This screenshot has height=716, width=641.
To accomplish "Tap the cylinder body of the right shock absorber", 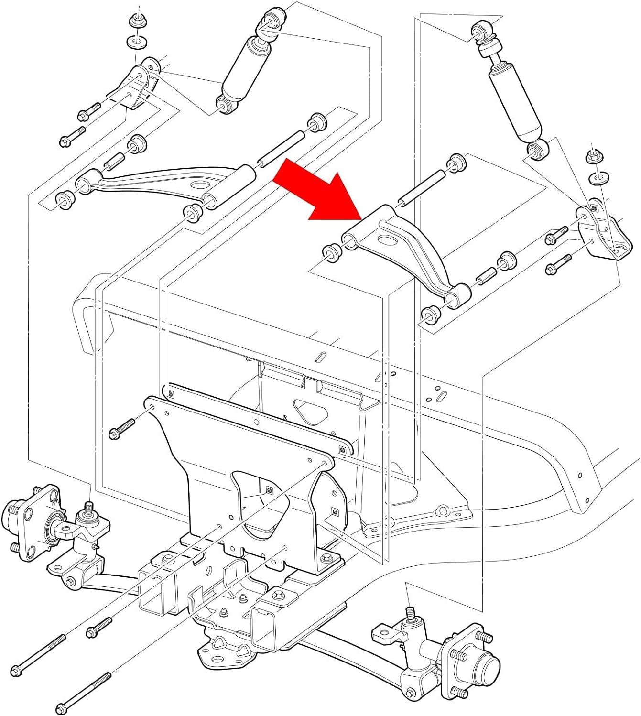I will coord(514,100).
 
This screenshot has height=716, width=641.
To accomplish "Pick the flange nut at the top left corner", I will coord(135,22).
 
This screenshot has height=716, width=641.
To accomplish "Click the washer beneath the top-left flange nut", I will coord(136,42).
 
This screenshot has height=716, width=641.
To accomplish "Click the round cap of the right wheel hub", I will coord(487,665).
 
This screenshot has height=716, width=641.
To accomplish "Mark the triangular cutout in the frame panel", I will coord(307,408).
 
